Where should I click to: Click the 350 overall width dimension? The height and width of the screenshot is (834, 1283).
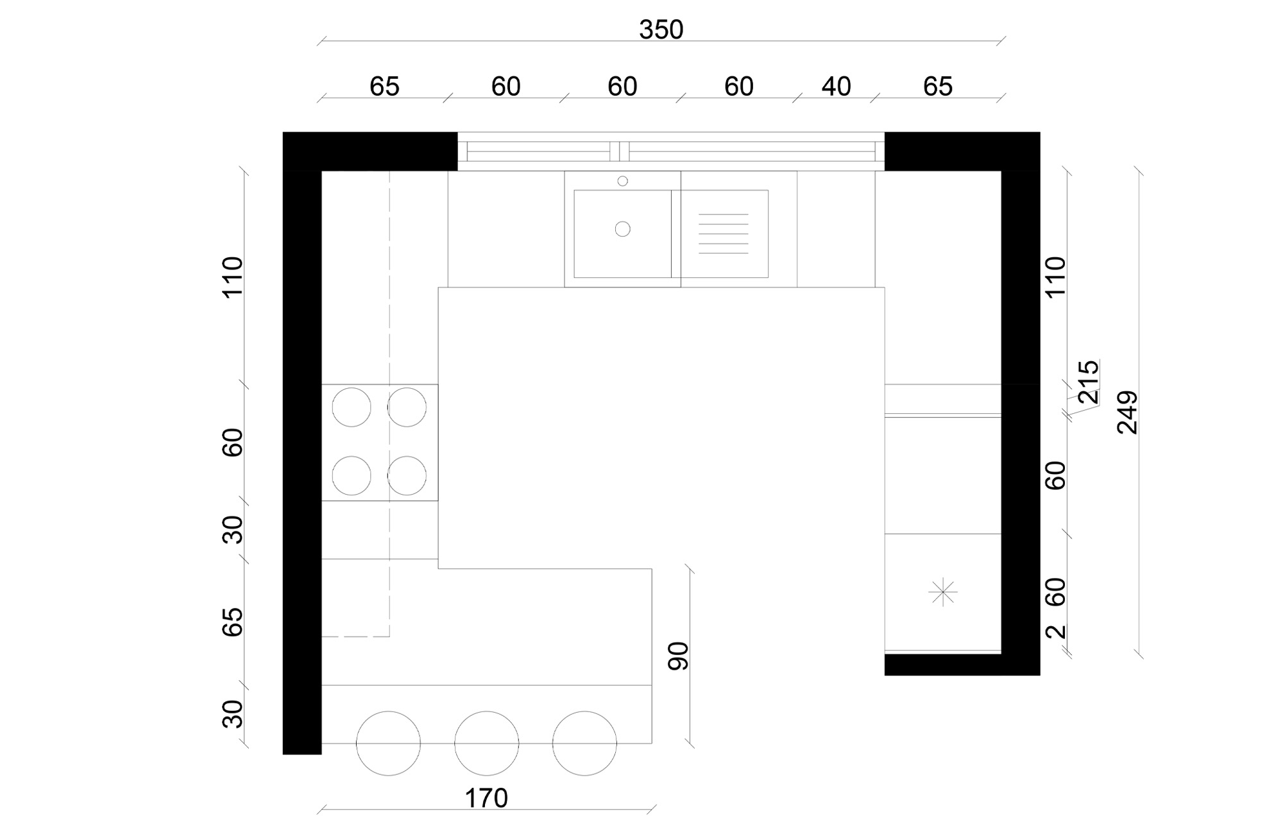pos(661,30)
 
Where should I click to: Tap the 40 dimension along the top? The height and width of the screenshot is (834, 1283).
pos(836,87)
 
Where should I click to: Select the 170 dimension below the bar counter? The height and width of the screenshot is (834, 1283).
pos(486,799)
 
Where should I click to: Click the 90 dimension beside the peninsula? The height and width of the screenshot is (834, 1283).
pos(678,656)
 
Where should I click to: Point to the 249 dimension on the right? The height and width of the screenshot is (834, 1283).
pos(1127,413)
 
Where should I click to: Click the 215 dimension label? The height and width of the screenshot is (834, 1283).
pos(1089,382)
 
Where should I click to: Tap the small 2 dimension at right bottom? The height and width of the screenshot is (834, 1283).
pos(1055,632)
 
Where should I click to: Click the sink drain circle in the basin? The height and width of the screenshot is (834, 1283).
pos(622,229)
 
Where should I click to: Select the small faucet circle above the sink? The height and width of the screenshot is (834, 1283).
pos(622,182)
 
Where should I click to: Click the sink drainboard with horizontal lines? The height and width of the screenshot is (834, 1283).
pos(724,234)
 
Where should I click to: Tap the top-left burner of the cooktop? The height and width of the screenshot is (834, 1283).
pos(352,407)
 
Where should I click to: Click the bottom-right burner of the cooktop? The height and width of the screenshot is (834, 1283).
pos(407,475)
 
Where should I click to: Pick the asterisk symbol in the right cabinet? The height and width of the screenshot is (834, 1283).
pos(942,592)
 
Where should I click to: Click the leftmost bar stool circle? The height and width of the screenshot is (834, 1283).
pos(388,744)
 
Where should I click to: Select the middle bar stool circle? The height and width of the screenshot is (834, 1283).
pos(486,744)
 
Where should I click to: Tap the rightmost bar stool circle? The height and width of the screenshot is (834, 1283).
pos(584,744)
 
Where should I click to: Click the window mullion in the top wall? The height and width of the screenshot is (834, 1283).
pos(619,151)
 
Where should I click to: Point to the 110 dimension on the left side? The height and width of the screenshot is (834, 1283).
pos(232,277)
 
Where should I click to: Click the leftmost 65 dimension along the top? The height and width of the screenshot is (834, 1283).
pos(384,87)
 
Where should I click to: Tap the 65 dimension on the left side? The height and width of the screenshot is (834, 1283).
pos(232,622)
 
